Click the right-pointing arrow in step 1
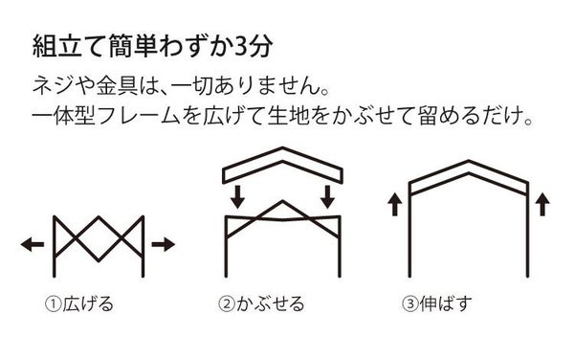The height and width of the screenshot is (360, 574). pos(164,245)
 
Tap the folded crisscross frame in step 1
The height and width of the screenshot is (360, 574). pos(98,245)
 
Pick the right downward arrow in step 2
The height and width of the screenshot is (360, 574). pos(327,196)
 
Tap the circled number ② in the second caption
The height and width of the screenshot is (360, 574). pos(227,305)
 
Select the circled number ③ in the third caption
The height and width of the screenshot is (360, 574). pos(409,305)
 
